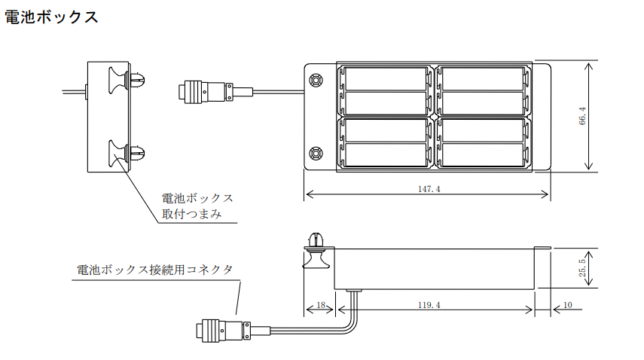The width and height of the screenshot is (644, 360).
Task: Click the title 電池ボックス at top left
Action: (51, 17)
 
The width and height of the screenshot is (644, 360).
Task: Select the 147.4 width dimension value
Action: (429, 189)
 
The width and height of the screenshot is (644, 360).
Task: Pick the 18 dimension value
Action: (320, 305)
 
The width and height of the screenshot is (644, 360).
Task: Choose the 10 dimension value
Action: (567, 305)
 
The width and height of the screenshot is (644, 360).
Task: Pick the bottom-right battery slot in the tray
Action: (480, 154)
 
